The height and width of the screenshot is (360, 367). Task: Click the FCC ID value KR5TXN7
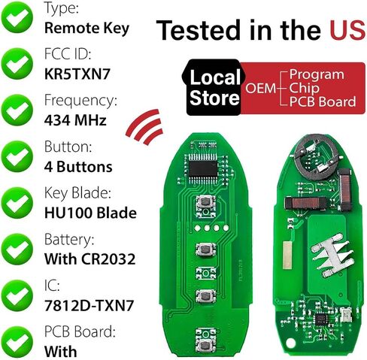tap(77, 74)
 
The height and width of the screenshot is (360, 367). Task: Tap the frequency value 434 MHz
tap(75, 120)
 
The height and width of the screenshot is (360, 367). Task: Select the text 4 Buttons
tap(78, 167)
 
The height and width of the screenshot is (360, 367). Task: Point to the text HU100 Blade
tap(90, 213)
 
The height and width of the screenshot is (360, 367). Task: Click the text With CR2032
tap(89, 259)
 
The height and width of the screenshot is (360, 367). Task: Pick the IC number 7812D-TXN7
tap(89, 305)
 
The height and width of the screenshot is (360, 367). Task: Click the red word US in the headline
tap(347, 30)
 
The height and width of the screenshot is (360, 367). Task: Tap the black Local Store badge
tap(213, 87)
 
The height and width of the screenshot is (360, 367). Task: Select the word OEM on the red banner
tap(260, 88)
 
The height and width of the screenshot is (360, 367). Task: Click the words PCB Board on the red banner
tap(323, 101)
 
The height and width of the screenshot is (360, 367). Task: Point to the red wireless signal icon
tap(145, 126)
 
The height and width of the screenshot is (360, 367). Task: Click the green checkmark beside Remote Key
tap(17, 17)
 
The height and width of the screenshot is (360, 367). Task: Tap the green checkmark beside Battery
tap(17, 249)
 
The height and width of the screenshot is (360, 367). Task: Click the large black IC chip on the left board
tap(203, 168)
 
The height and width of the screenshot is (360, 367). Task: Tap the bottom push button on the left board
tap(205, 346)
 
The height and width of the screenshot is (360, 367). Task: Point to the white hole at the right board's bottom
tap(290, 343)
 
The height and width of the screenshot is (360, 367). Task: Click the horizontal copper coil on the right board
tap(306, 203)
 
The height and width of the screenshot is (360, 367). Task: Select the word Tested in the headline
tap(199, 30)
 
